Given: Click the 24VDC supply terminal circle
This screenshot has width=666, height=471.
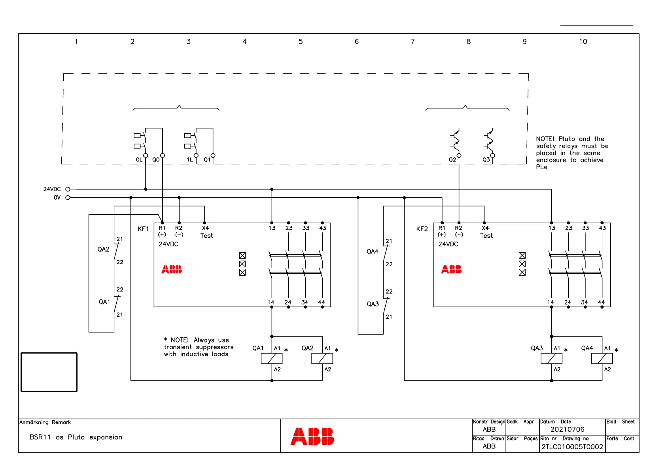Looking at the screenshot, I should coord(68,189).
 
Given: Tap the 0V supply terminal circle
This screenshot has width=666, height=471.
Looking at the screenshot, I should coord(68,198).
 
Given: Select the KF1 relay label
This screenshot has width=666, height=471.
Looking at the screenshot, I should coord(143,229).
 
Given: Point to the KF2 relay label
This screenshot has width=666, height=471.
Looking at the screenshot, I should coord(422,229).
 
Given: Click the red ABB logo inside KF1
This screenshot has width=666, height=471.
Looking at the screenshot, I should coord(172,270).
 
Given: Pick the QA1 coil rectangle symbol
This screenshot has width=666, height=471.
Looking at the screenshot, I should coord(272,359).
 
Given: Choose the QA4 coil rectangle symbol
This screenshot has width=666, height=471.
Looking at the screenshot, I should coord(602,359).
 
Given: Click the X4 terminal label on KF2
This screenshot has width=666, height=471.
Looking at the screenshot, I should coord(485,228).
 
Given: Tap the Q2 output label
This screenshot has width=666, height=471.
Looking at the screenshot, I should coord(452,160).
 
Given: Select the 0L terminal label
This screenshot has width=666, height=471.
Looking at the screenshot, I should coord(139,160).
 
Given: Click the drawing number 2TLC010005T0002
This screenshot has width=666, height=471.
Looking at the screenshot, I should coord(572,447).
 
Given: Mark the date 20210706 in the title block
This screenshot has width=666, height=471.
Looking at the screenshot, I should coord(567,429).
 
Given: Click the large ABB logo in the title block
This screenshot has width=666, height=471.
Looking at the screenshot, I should coord(312,437).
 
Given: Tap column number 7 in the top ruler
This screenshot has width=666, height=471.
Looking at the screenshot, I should coord(412,42).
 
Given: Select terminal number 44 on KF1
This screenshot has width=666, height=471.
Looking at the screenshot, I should coord(322,302).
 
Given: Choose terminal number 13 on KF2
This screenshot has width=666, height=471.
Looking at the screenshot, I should coord(552,228).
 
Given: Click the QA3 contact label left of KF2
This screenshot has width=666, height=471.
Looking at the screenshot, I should coord(373,304).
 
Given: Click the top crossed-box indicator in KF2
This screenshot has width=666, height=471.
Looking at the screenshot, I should coord(522,255).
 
